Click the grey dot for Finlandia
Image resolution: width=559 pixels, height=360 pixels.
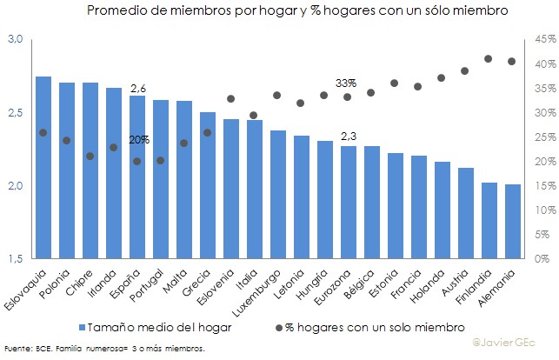(489, 59)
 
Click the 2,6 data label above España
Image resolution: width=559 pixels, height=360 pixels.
(137, 89)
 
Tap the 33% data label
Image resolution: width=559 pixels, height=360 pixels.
(346, 83)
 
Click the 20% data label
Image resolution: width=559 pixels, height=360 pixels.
(139, 139)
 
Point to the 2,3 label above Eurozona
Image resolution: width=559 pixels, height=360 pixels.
(349, 137)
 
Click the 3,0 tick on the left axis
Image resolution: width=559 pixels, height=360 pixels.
(15, 40)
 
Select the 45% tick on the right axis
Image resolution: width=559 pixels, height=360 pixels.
(546, 40)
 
